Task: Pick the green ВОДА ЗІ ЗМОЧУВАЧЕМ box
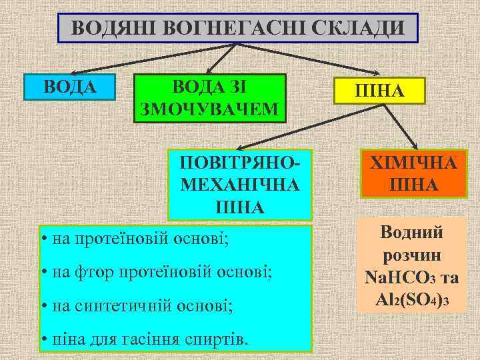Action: click(x=210, y=98)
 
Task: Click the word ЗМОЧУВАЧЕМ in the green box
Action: click(x=210, y=109)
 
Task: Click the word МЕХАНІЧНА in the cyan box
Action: click(x=239, y=184)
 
